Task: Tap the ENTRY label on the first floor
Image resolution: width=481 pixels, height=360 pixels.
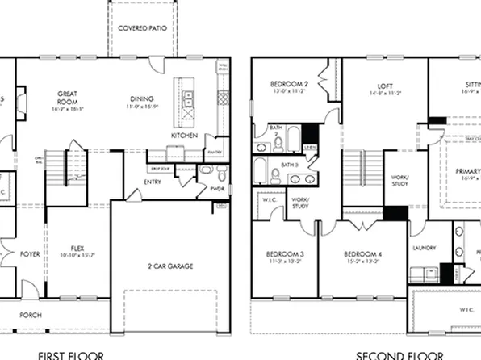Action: pos(153,182)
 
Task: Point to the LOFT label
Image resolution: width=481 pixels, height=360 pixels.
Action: pos(385,86)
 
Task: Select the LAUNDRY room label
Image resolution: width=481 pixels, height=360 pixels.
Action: pos(424,248)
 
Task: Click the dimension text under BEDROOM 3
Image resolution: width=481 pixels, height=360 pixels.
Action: pos(284,262)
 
